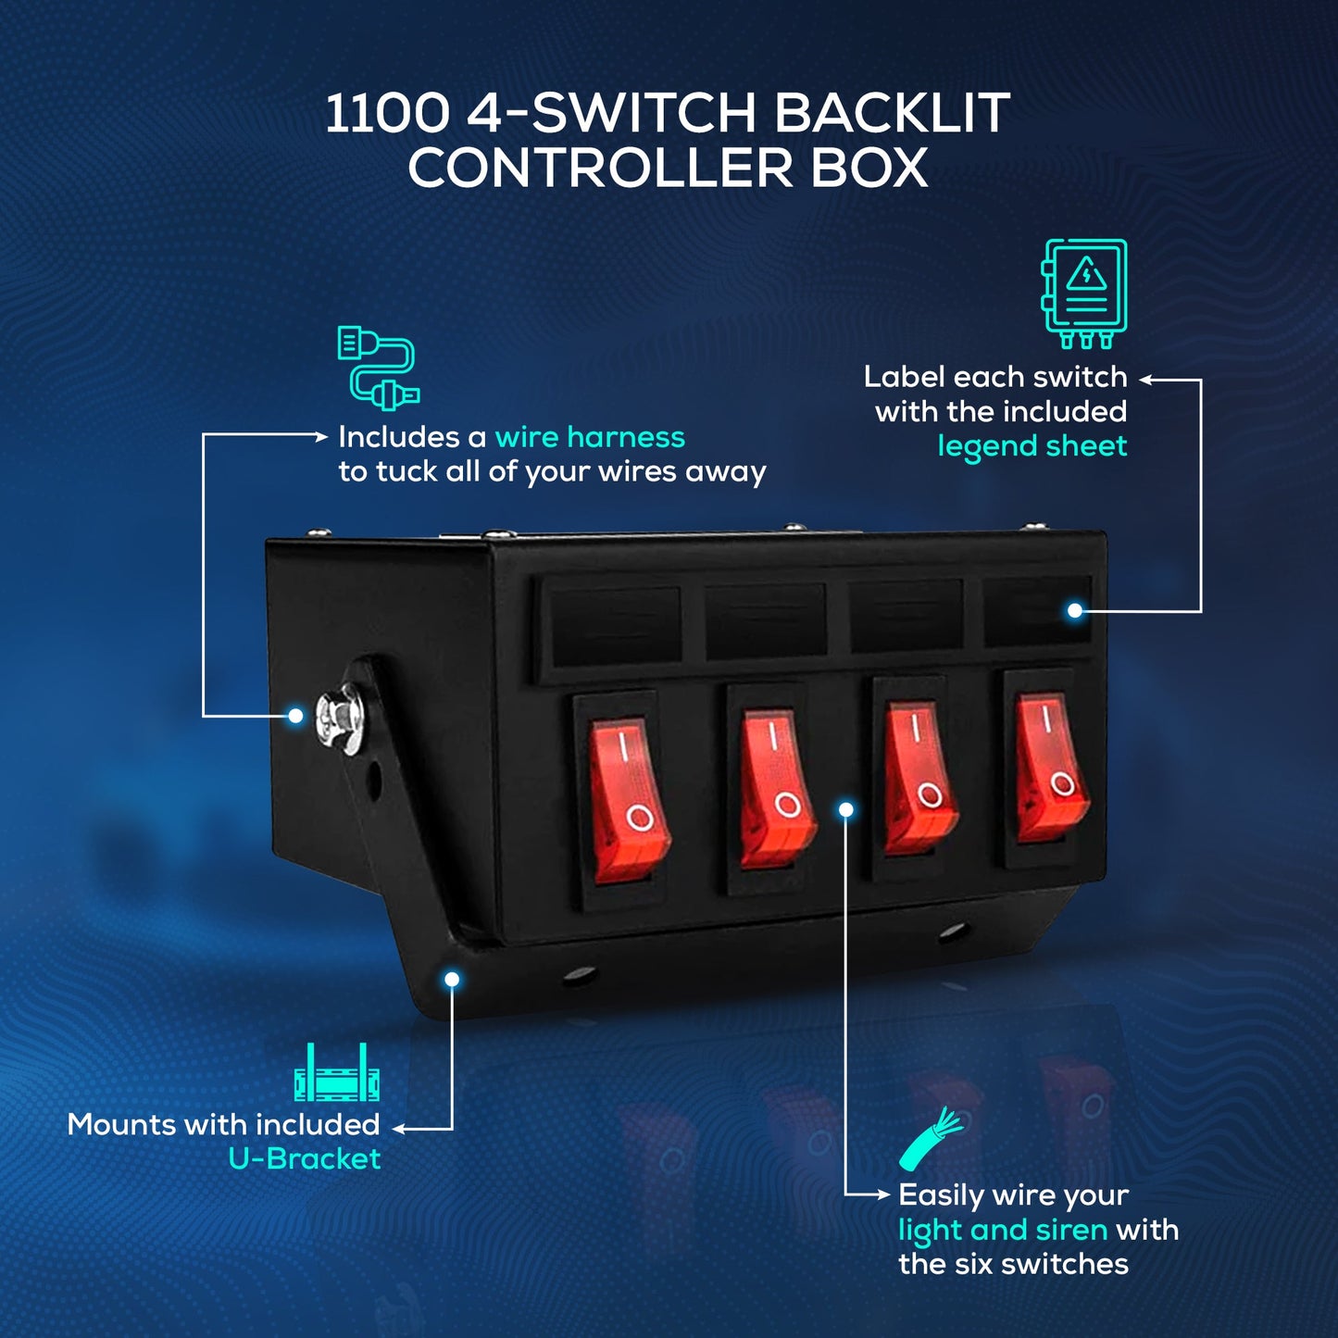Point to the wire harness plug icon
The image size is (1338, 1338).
pyautogui.click(x=378, y=367)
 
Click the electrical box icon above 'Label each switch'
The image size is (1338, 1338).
pyautogui.click(x=1084, y=292)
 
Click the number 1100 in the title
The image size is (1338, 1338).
pyautogui.click(x=386, y=113)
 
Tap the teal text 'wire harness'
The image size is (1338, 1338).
pyautogui.click(x=590, y=437)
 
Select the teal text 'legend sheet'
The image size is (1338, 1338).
pyautogui.click(x=1032, y=446)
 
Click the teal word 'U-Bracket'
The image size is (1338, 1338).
pyautogui.click(x=304, y=1159)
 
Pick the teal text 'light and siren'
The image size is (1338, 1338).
pyautogui.click(x=1002, y=1230)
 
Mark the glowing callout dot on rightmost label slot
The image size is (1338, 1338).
pyautogui.click(x=1074, y=610)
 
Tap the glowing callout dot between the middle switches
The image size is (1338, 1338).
pyautogui.click(x=845, y=810)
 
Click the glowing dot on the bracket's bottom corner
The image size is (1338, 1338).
pyautogui.click(x=452, y=980)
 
